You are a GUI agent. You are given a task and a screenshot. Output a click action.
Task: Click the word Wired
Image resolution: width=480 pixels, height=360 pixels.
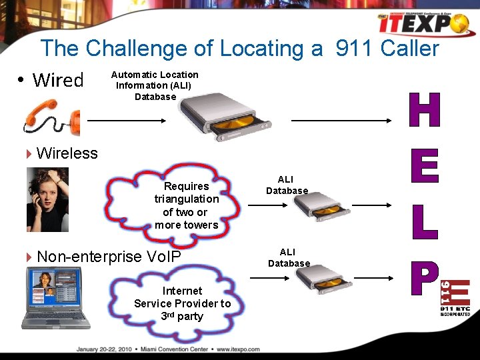(58, 81)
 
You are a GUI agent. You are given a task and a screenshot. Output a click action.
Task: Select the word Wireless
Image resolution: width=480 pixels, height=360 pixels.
(67, 153)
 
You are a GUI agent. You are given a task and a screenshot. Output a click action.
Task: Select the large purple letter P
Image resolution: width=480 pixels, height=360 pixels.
(424, 277)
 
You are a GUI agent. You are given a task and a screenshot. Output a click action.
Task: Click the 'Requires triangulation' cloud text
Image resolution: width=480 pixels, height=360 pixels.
(187, 205)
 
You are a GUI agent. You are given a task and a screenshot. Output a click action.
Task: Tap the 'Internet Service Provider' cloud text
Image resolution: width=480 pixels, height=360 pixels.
(182, 303)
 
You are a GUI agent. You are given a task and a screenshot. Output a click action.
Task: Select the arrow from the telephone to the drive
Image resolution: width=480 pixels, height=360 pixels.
(127, 121)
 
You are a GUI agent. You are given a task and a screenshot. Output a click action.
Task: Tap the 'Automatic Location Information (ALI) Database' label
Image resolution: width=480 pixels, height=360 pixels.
(155, 85)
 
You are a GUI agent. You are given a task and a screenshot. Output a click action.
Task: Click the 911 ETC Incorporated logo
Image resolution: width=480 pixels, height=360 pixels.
(455, 297)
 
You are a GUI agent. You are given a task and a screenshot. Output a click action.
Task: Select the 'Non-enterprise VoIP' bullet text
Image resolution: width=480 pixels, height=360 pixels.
(109, 257)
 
